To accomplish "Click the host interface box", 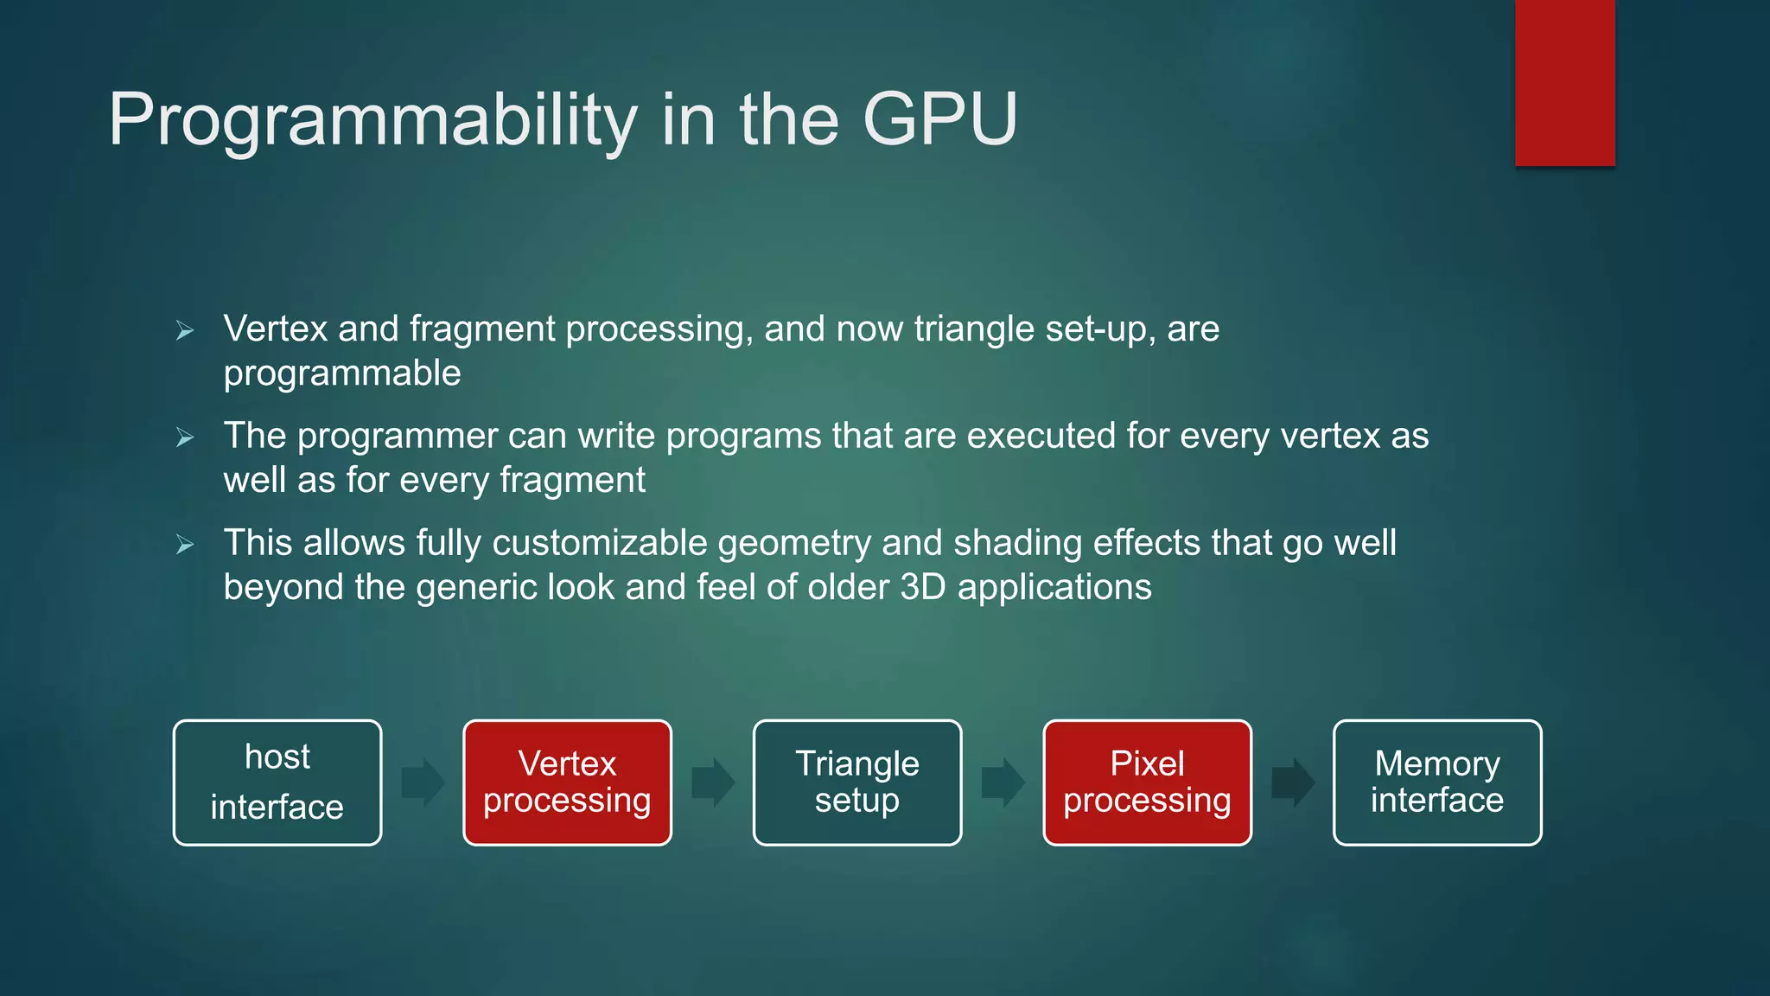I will [277, 782].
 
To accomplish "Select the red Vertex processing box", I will [567, 782].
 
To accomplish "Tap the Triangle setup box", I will [857, 782].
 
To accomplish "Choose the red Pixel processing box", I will [1147, 782].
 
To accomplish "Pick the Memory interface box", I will [1437, 782].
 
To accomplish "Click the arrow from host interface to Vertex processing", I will [423, 782].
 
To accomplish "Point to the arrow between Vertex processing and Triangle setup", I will [713, 782].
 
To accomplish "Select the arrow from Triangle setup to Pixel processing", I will [1003, 782].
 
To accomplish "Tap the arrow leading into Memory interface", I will [1293, 782].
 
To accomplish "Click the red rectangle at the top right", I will [1564, 82].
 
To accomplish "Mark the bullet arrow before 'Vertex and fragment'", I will [185, 330].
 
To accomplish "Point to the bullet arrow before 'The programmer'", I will [185, 437].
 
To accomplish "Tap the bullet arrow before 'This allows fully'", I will [185, 545].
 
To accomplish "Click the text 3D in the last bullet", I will [923, 587].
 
